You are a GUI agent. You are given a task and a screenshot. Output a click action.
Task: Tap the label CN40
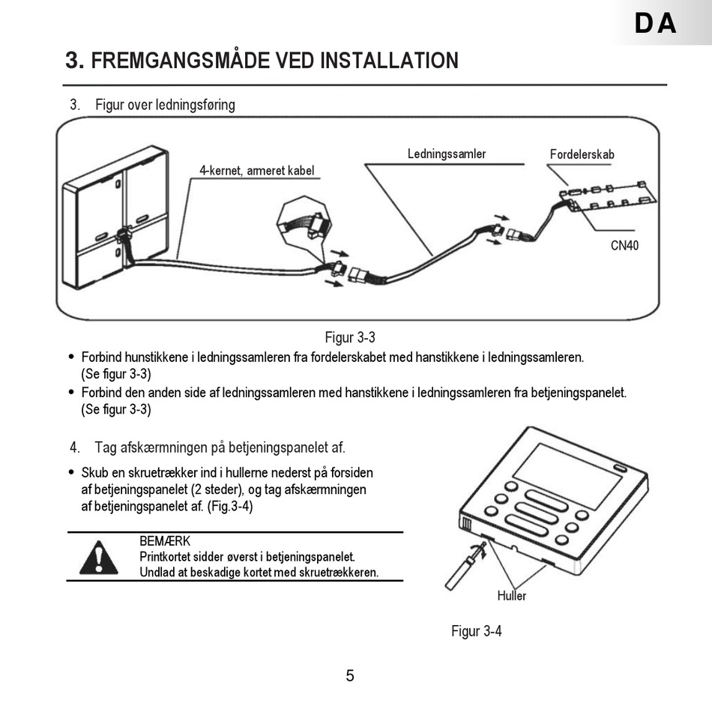[625, 245]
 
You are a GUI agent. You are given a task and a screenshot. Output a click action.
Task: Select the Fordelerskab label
[582, 154]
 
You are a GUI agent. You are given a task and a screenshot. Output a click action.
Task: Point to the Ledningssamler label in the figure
[447, 154]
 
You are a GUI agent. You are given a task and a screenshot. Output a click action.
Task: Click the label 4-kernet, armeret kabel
[256, 170]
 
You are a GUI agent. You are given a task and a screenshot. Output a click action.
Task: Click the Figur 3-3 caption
[349, 337]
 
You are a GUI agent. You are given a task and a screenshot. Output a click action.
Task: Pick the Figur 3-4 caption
[476, 631]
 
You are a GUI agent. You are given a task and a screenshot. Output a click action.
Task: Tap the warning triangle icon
[98, 558]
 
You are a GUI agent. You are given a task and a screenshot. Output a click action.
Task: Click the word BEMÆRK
[164, 541]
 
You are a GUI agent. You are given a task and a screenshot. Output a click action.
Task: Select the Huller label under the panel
[512, 596]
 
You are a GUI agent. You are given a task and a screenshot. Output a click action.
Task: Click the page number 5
[350, 675]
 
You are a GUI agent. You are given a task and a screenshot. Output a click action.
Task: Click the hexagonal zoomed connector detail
[302, 222]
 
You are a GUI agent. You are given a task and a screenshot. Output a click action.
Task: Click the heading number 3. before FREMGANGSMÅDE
[75, 60]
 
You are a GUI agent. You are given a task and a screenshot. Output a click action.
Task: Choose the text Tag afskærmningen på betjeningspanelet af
[220, 448]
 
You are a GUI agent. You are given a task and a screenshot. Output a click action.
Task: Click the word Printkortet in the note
[166, 557]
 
